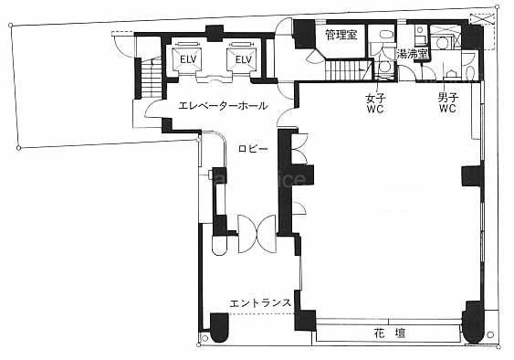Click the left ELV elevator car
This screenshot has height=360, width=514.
(188, 59)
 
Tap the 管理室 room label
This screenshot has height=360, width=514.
(341, 35)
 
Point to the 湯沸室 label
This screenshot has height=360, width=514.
(413, 54)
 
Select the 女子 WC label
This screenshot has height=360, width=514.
(375, 103)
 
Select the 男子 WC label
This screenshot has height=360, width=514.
(447, 103)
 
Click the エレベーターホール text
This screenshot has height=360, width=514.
(223, 106)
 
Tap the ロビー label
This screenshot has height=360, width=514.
(253, 149)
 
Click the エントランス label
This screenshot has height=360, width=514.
(260, 303)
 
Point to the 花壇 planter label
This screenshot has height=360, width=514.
(390, 334)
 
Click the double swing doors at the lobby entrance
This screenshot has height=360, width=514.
(257, 234)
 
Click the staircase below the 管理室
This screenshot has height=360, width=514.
(349, 70)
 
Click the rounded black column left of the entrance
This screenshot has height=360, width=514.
(219, 328)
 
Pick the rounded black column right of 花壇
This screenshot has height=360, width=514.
(473, 322)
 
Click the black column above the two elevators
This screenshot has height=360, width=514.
(215, 33)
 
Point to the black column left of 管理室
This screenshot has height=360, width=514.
(304, 34)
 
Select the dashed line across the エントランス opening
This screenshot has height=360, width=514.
(262, 314)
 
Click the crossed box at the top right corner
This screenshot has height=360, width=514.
(481, 18)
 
